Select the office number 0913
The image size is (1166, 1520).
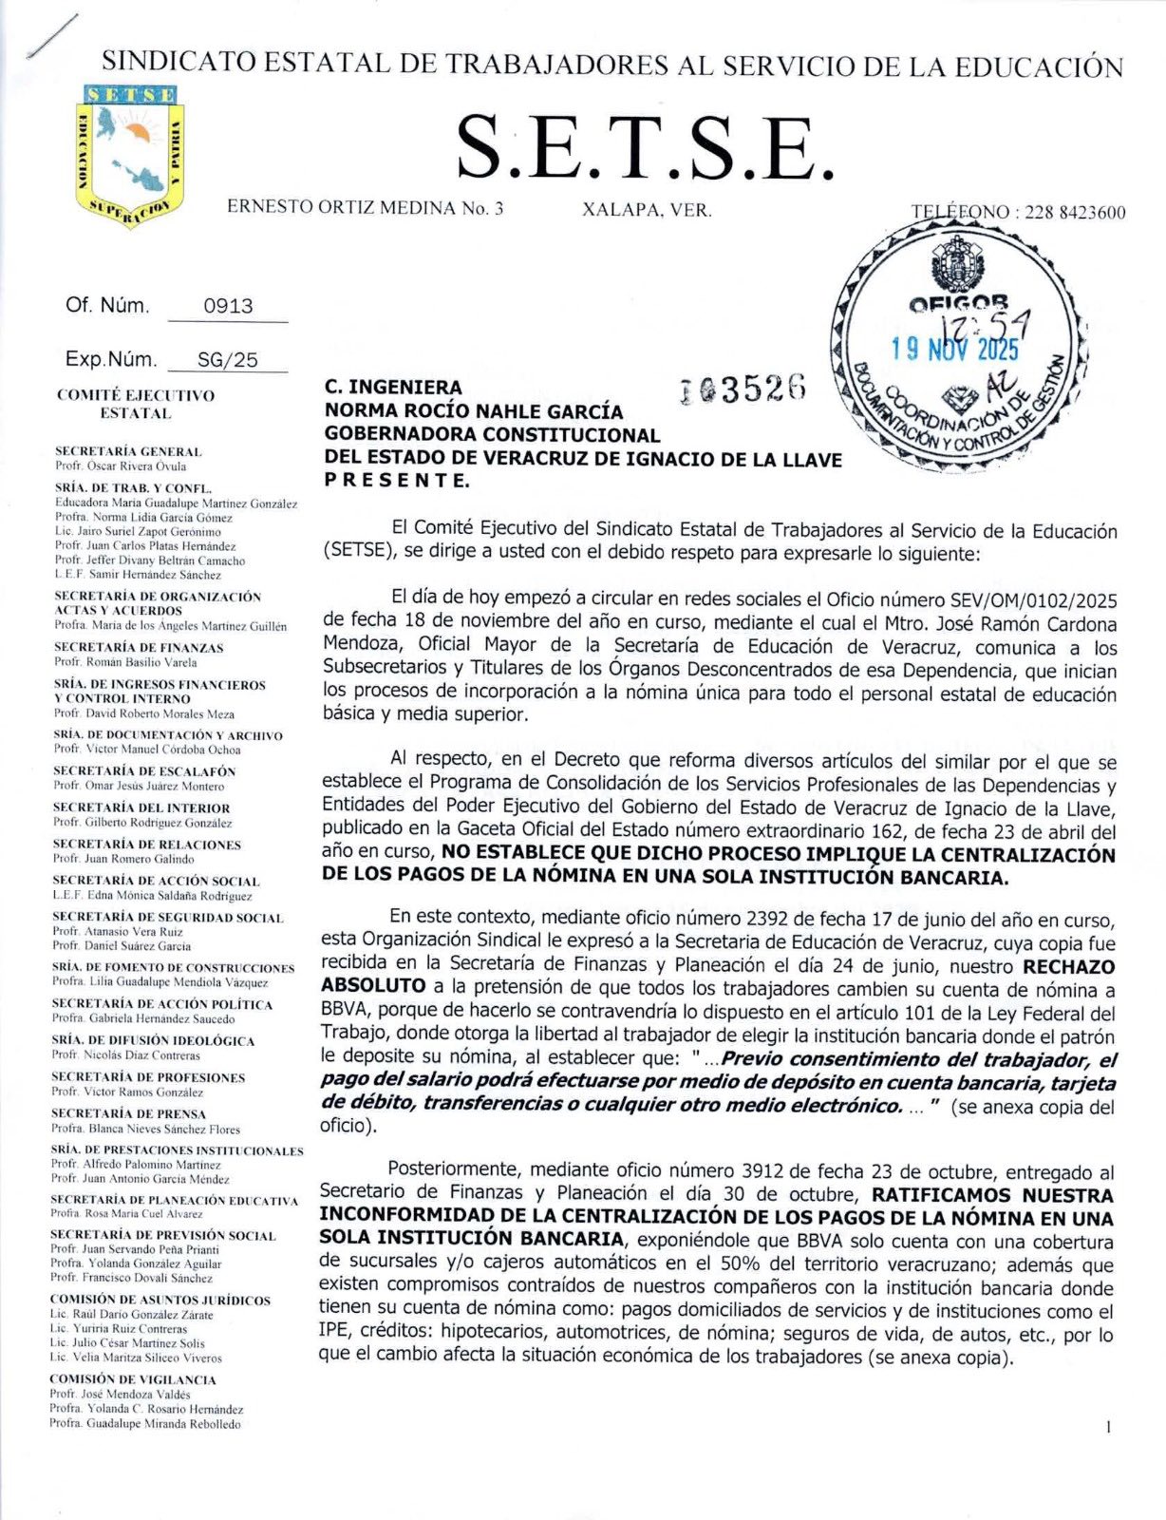tap(228, 306)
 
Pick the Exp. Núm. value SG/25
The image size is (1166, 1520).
tap(227, 360)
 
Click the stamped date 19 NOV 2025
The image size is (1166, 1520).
tap(954, 349)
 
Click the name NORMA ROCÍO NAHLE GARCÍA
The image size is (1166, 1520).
tap(474, 411)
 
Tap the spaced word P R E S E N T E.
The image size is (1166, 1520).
tap(396, 481)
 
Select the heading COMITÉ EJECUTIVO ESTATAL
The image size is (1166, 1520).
tap(135, 404)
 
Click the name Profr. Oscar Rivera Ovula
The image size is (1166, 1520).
tap(120, 466)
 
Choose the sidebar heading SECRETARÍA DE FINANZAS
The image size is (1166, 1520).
tap(139, 647)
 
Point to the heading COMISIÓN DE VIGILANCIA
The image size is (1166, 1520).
tap(133, 1378)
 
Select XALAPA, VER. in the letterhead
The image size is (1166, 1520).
tap(647, 210)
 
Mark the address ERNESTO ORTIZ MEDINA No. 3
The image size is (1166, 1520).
tap(365, 208)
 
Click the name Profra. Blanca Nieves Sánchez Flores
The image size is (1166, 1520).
tap(145, 1129)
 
